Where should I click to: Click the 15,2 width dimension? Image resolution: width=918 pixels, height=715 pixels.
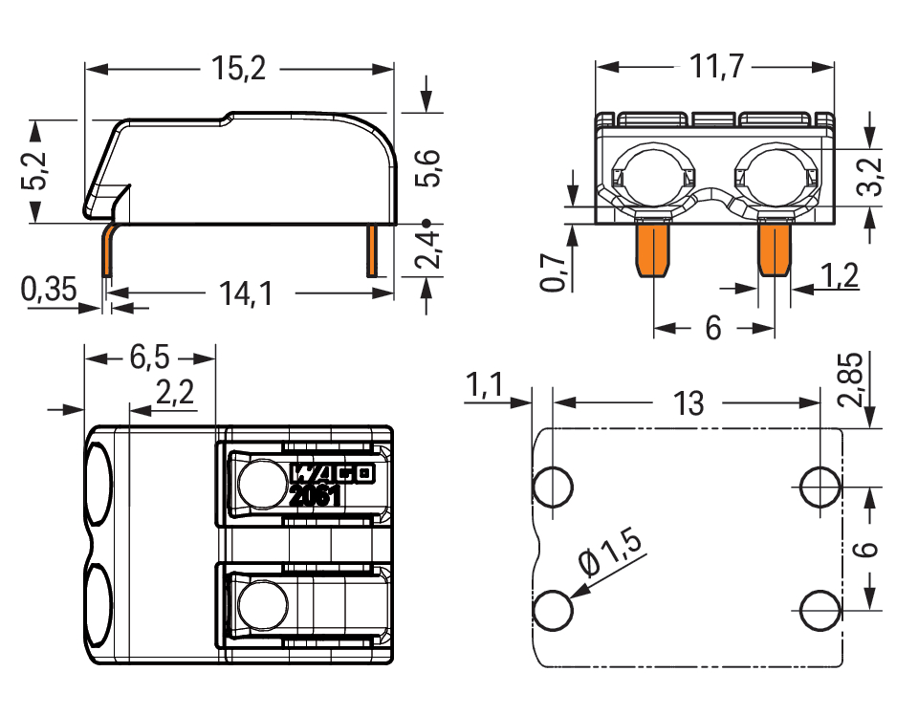coord(238,69)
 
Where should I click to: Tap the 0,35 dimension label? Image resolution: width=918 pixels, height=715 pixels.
coord(49,289)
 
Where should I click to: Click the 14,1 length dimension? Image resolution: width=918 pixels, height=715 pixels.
coord(246,292)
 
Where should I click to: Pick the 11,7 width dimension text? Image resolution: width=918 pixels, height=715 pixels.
coord(716,67)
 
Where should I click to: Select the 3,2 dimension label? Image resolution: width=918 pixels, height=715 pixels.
coord(872,176)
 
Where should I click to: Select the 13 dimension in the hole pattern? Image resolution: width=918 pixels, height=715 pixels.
coord(688,402)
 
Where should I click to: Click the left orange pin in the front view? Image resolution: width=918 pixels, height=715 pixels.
coord(652,248)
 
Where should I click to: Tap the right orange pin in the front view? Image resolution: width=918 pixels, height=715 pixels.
coord(775,248)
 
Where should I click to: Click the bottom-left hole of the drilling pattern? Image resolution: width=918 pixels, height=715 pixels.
coord(553,610)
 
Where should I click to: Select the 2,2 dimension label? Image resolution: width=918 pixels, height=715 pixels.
coord(175,392)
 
